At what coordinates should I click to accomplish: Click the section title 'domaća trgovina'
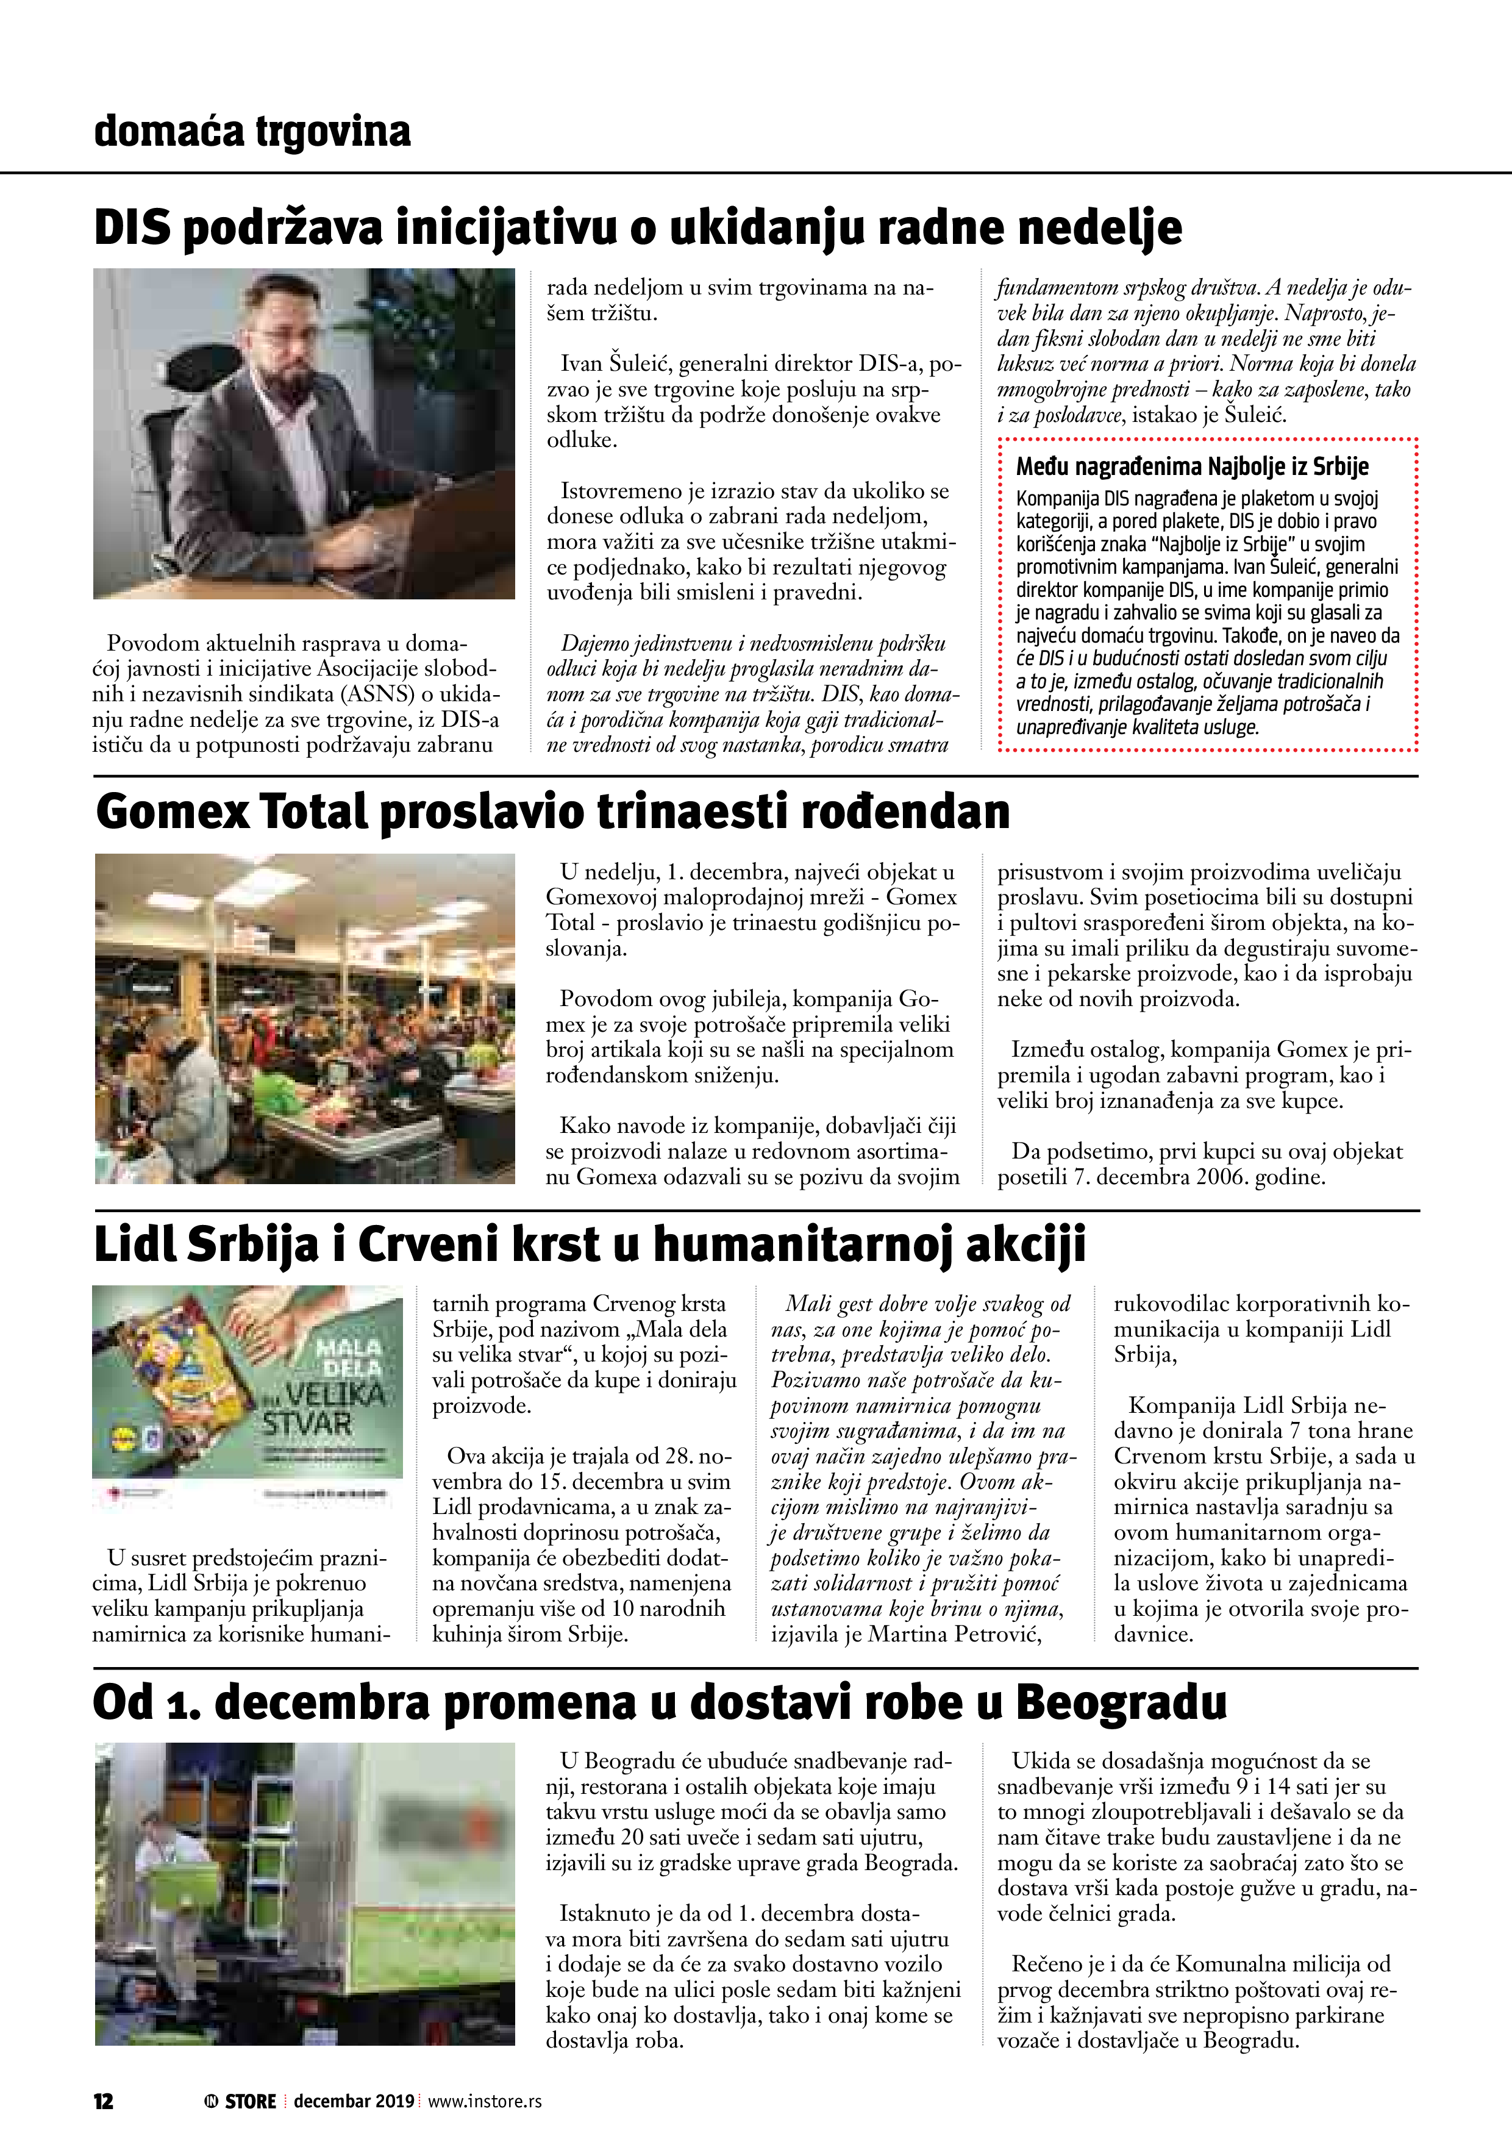252,131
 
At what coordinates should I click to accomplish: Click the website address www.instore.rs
485,2101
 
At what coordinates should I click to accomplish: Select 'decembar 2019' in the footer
354,2101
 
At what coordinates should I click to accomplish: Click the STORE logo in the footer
240,2101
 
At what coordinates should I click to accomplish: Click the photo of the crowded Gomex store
305,1018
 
